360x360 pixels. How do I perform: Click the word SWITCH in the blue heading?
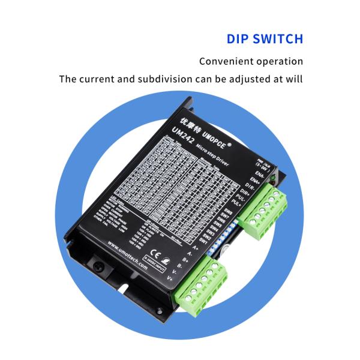278,40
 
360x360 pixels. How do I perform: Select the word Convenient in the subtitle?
226,62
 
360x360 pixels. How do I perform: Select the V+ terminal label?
170,278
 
